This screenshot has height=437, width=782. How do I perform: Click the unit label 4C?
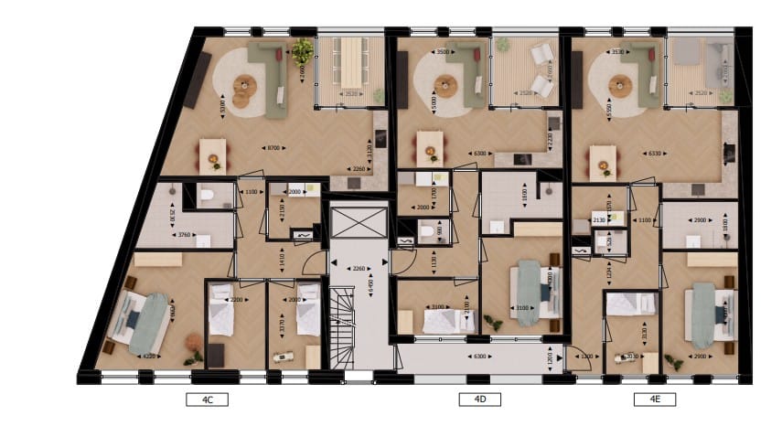tap(207, 399)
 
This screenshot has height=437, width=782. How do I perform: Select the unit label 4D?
tap(480, 399)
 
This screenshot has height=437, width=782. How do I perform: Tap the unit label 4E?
tap(655, 399)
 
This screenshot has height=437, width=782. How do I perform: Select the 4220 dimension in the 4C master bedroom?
tap(146, 356)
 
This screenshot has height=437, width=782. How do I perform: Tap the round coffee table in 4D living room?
tap(446, 88)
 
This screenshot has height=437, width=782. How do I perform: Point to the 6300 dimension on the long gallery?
tap(479, 356)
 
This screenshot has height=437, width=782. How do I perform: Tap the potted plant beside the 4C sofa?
tap(302, 50)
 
